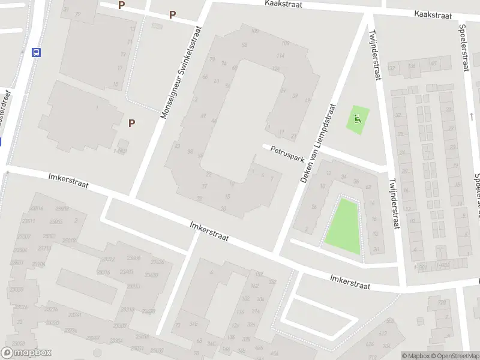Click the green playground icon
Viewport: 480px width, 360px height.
click(x=358, y=119)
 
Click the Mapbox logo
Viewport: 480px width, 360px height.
click(x=26, y=353)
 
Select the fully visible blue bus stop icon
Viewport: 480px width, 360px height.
click(x=37, y=52)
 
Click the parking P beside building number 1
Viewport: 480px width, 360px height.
click(x=131, y=123)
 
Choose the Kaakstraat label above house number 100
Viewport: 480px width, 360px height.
click(x=283, y=4)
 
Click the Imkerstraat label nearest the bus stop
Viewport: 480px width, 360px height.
click(x=68, y=181)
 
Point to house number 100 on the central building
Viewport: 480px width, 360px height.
click(x=255, y=31)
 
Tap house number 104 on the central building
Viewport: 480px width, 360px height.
click(x=285, y=43)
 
